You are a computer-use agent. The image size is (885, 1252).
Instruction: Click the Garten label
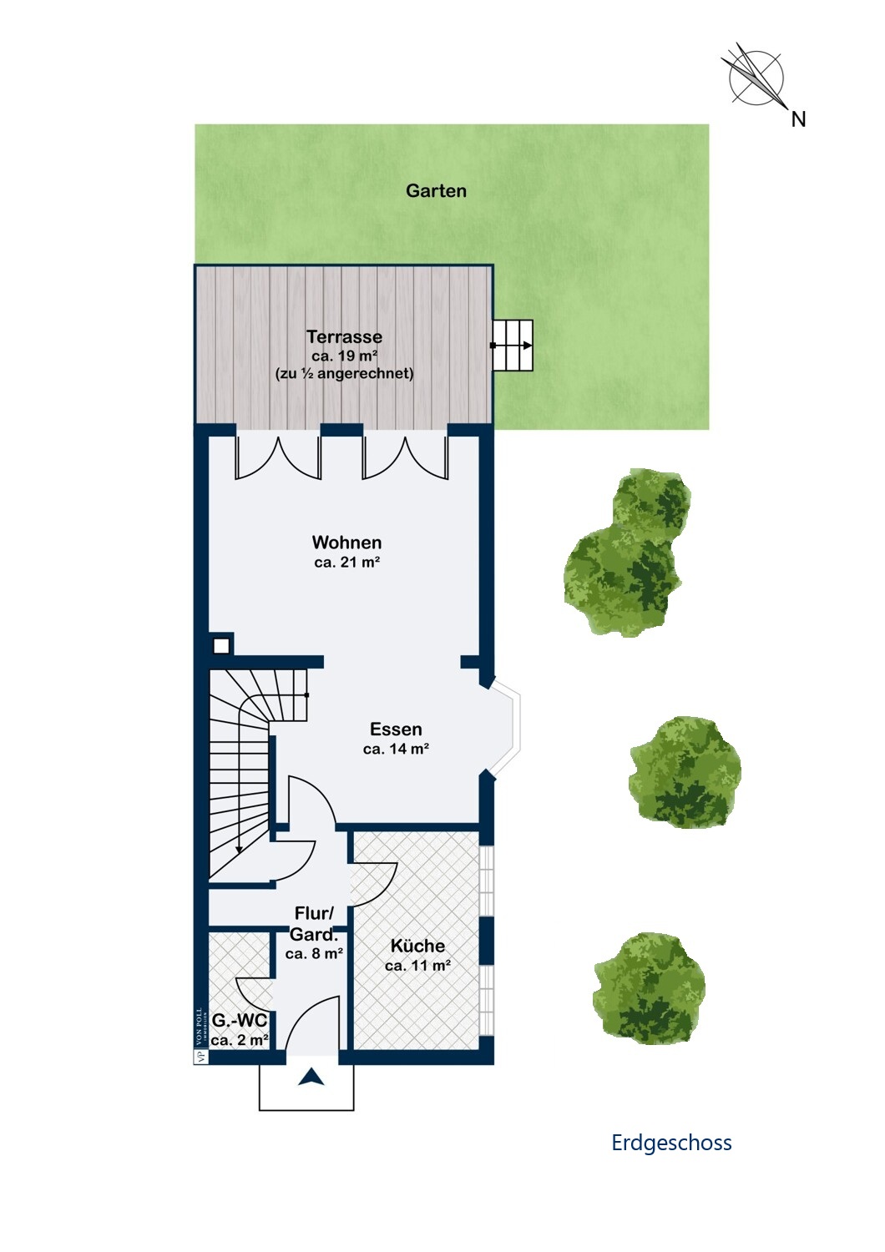[436, 190]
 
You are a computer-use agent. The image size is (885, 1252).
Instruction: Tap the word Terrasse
[344, 337]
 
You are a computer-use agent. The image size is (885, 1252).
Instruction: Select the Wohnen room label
[346, 543]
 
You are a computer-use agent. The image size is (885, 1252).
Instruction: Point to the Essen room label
[396, 729]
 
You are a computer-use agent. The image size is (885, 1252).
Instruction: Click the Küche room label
[417, 946]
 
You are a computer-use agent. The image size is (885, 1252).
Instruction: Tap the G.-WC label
[240, 1021]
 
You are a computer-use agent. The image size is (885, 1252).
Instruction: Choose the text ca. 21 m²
[347, 563]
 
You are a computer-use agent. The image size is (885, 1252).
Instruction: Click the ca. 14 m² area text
[396, 749]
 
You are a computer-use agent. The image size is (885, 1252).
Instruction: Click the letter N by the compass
[798, 119]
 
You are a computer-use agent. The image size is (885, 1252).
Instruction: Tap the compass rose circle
[756, 78]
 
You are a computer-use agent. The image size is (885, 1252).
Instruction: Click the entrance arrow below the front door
[311, 1076]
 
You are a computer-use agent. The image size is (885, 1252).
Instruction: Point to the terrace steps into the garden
[512, 346]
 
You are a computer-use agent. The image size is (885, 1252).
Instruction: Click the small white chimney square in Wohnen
[221, 646]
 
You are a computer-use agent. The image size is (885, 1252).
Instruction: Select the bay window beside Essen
[505, 729]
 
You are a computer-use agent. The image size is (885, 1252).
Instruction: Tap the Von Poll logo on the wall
[200, 1036]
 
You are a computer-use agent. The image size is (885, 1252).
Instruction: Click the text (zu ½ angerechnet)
[344, 373]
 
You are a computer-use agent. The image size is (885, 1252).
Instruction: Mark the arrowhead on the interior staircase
[239, 850]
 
